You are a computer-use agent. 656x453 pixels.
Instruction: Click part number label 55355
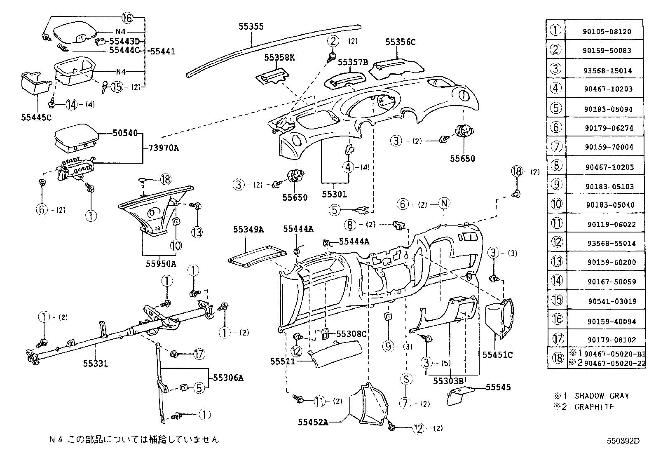(x=251, y=26)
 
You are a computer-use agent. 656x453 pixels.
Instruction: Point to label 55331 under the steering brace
(x=96, y=363)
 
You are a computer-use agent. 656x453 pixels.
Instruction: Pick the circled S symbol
(x=406, y=379)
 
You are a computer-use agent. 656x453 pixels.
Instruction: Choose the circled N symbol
(x=444, y=204)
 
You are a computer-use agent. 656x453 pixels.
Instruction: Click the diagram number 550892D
(x=622, y=441)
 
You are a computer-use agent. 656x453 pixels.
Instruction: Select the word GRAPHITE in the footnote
(x=594, y=407)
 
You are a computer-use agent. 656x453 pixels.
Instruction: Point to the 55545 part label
(x=498, y=387)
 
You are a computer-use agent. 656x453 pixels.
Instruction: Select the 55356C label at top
(x=401, y=42)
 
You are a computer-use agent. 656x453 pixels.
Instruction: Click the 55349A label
(x=248, y=229)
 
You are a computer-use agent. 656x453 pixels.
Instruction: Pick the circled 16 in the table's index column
(x=557, y=319)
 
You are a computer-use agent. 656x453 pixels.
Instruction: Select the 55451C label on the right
(x=497, y=354)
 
